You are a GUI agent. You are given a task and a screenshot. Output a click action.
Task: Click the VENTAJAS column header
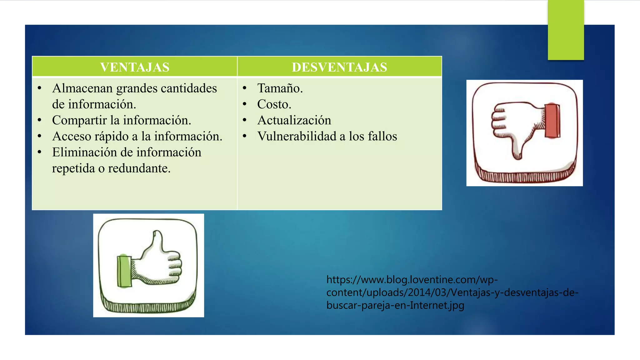tap(135, 67)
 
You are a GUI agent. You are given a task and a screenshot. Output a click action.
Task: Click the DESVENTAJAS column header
tap(339, 67)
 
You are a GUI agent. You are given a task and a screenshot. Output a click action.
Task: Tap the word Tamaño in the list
tap(279, 88)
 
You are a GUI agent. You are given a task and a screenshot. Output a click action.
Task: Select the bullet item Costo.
tap(274, 104)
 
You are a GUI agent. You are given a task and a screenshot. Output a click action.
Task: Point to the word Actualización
tap(294, 120)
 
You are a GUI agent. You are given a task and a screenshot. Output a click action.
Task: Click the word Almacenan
tap(82, 88)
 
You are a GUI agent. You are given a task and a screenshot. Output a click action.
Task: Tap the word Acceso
tap(71, 136)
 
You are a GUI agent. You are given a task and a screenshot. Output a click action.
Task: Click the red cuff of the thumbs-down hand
tap(552, 121)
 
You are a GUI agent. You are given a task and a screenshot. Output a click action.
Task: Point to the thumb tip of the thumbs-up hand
tap(157, 234)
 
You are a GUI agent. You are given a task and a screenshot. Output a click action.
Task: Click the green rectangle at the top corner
tap(566, 30)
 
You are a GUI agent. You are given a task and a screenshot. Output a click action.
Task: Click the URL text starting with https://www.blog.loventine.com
tap(412, 279)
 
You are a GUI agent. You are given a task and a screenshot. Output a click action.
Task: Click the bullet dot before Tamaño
tap(245, 88)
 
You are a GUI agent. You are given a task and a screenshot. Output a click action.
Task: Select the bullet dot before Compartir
tap(39, 120)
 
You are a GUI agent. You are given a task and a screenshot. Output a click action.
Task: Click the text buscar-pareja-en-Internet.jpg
tap(395, 305)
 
